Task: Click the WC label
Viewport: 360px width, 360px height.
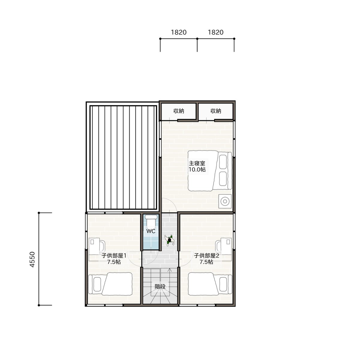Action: pos(151,231)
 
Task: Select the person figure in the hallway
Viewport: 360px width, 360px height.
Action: pos(169,240)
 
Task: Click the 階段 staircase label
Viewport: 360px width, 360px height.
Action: pos(160,286)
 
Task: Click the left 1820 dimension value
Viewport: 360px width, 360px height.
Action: pos(178,32)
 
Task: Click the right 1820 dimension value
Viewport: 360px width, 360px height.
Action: pos(216,32)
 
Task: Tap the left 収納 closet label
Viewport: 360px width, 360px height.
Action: pos(178,111)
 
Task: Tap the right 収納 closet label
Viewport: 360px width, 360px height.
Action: pos(216,111)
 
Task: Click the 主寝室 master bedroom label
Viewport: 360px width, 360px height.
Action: pos(197,163)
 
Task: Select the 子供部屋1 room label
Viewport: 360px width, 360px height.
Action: pos(114,256)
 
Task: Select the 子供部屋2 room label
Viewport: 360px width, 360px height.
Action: pos(206,256)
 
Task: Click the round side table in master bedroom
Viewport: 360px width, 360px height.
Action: pos(225,201)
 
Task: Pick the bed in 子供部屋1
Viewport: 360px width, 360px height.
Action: pos(110,283)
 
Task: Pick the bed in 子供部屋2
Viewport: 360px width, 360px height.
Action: pos(210,283)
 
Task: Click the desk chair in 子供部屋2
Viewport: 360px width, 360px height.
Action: pos(218,246)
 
